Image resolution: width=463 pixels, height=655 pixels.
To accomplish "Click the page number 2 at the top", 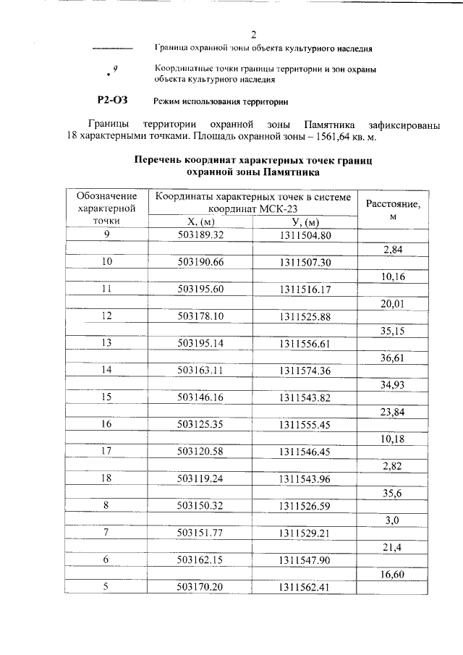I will pos(253,34).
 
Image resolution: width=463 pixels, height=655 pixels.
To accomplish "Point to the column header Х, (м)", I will pos(200,221).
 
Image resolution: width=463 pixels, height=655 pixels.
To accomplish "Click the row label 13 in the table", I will pos(107,343).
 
